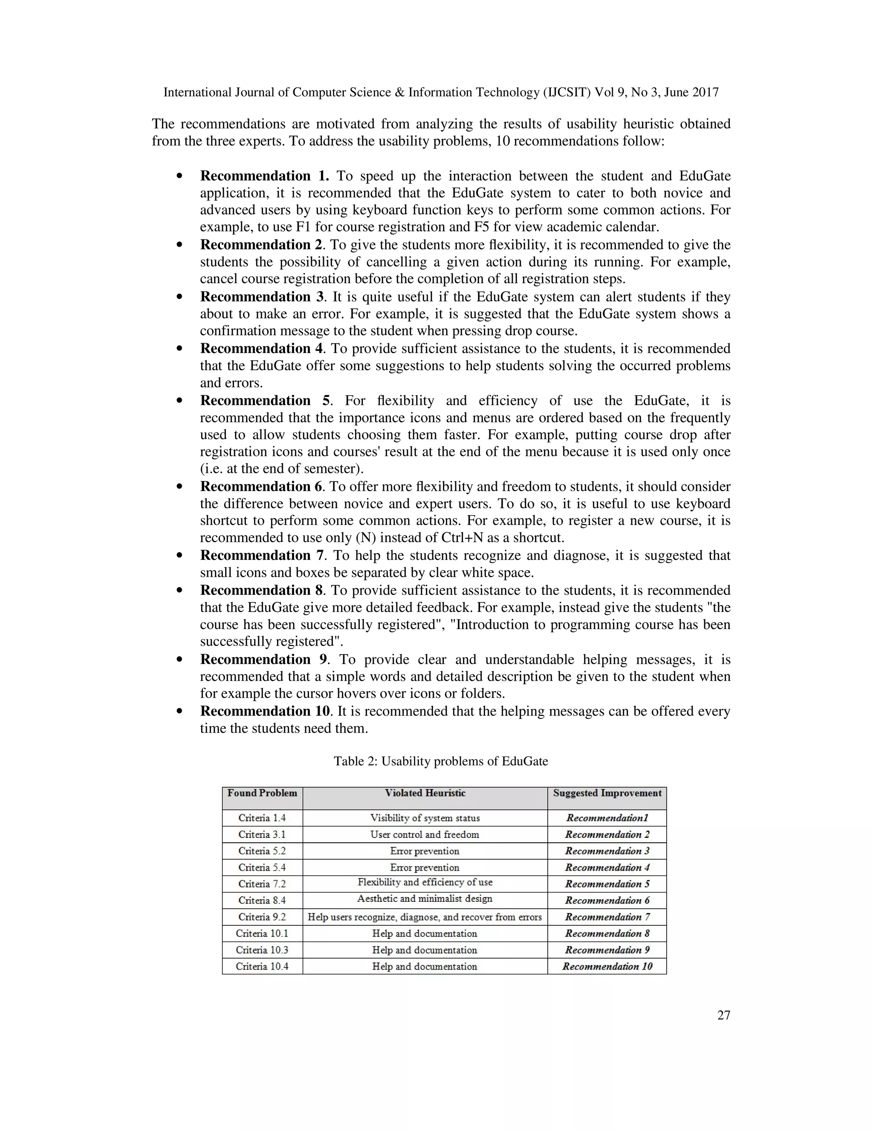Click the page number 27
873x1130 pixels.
[x=723, y=1015]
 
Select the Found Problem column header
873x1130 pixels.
[x=262, y=793]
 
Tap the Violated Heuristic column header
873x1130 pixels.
[x=425, y=793]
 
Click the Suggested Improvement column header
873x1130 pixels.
[x=607, y=793]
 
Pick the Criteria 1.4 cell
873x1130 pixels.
[x=262, y=818]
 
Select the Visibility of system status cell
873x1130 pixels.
[x=425, y=818]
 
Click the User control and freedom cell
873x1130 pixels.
[x=425, y=834]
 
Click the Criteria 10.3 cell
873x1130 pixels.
[x=262, y=950]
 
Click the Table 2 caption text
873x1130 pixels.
[x=441, y=761]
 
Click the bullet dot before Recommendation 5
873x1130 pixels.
[x=179, y=400]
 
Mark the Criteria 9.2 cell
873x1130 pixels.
[x=262, y=917]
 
